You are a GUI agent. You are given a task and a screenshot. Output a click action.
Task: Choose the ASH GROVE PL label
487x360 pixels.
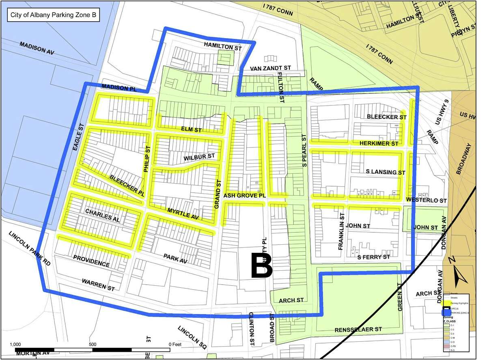[245, 196]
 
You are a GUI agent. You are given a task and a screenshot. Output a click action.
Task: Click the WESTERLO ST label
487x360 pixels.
[426, 200]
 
